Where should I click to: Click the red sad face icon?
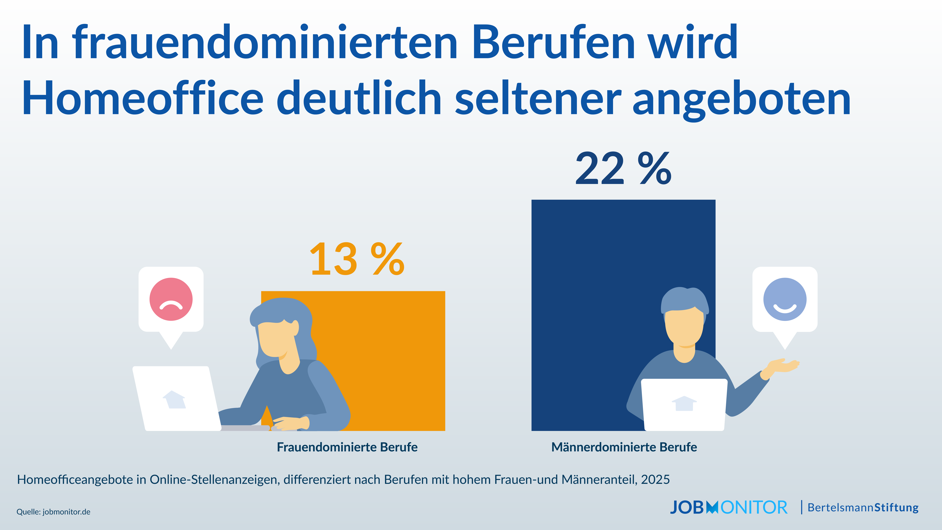pos(171,299)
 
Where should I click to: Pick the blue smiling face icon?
pos(785,299)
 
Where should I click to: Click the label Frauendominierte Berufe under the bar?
pos(347,447)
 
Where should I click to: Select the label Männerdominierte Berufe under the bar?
pos(624,447)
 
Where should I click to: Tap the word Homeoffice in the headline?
pos(143,98)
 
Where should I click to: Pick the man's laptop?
pos(684,404)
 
